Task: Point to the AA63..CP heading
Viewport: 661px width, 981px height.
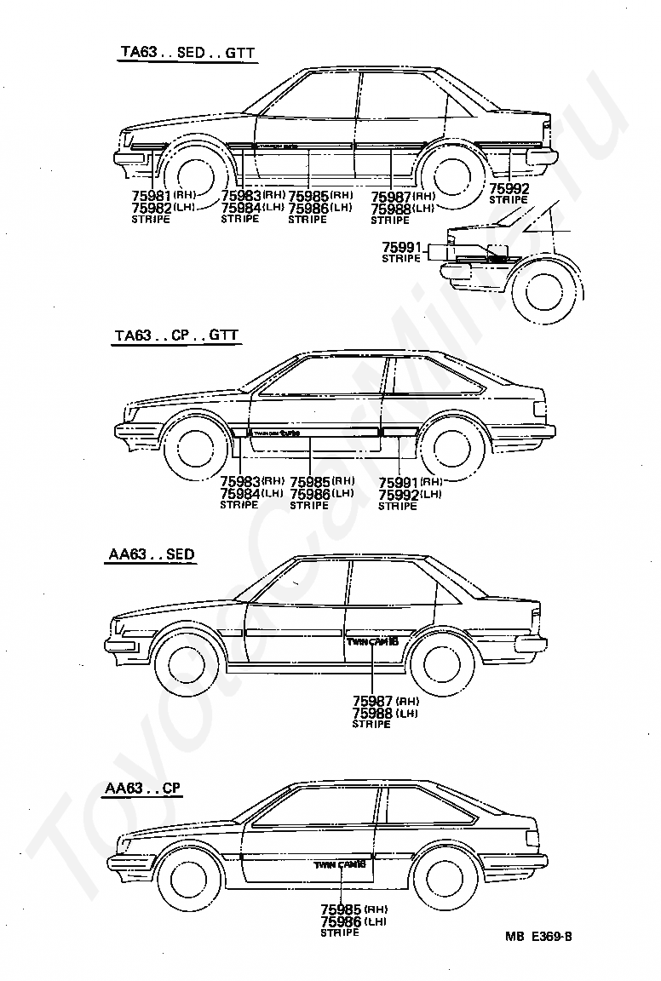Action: tap(142, 789)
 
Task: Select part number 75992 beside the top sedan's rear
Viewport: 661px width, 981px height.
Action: tap(509, 189)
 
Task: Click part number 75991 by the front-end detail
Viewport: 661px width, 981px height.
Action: tap(401, 247)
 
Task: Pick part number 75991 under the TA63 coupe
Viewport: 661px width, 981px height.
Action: tap(399, 481)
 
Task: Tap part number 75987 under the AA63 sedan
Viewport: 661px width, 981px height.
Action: tap(373, 702)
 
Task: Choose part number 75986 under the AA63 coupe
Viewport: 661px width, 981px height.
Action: tap(341, 921)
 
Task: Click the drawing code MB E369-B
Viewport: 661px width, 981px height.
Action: tap(537, 938)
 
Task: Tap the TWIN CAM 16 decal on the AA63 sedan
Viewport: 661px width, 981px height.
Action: tap(372, 640)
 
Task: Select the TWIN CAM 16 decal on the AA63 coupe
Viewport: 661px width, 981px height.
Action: tap(340, 864)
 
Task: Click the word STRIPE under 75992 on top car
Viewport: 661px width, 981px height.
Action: tap(509, 200)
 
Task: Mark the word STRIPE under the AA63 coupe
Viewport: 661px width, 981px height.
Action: tap(340, 932)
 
